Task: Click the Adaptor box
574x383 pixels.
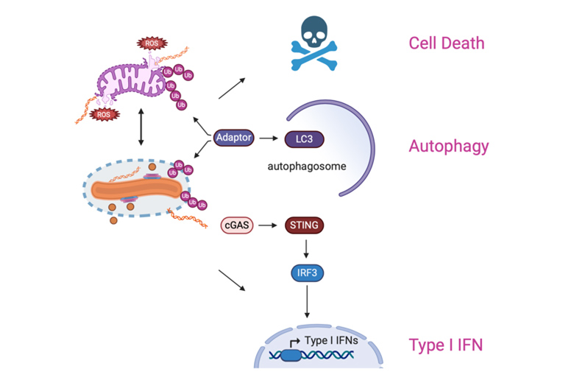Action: click(234, 138)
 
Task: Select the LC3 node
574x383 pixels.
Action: click(304, 138)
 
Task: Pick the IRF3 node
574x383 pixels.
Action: click(305, 273)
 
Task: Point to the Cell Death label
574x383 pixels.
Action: click(447, 43)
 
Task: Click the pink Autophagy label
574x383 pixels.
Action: click(448, 146)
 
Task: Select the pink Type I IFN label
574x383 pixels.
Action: click(446, 344)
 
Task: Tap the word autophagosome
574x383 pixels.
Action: click(306, 166)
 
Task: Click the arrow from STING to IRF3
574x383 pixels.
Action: click(305, 248)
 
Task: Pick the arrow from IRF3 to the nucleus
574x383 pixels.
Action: click(305, 303)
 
